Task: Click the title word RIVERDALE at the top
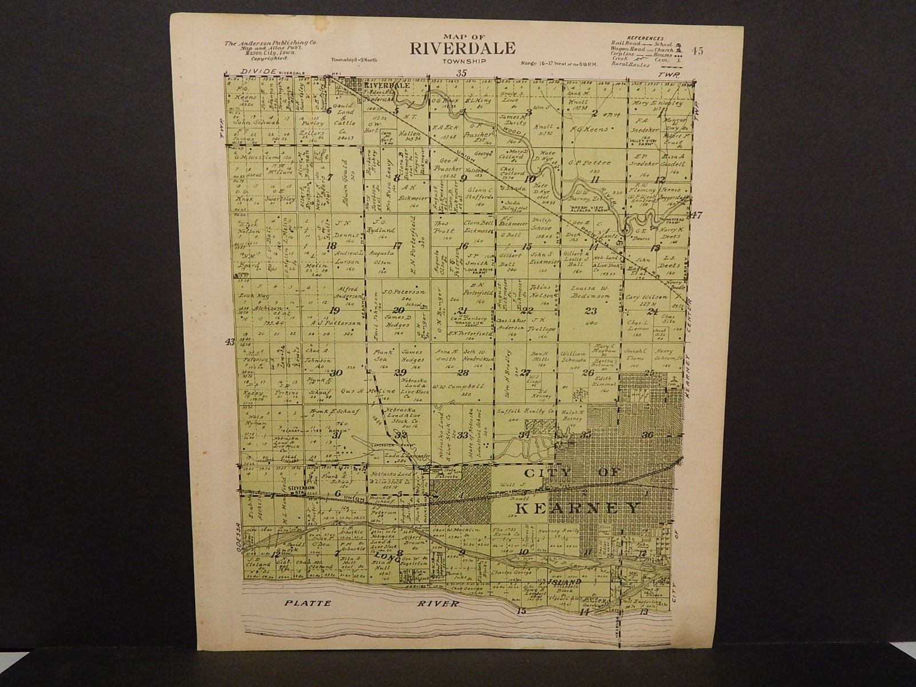[x=462, y=48]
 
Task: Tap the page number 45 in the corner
[x=697, y=50]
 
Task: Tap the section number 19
[x=335, y=311]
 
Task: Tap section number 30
[x=335, y=373]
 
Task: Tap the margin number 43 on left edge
[x=230, y=342]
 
